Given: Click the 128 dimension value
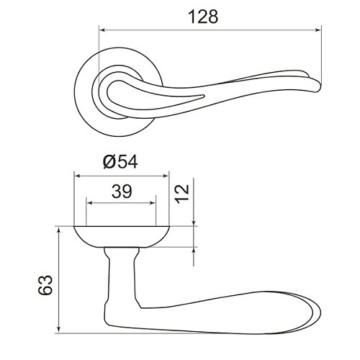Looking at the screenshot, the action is pos(203,17).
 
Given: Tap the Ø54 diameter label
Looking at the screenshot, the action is pos(120,161).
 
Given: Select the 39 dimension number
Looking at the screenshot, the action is pos(122,192).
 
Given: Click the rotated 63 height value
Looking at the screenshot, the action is pos(45,285).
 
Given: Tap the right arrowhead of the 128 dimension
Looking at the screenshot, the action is pos(318,30).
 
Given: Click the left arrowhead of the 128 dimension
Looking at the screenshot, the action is pos(102,30).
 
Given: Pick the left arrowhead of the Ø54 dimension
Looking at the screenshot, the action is pos(77,176).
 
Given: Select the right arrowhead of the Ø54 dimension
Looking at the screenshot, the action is pos(166,176).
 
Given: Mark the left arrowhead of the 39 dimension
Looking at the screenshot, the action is pos(89,203).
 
